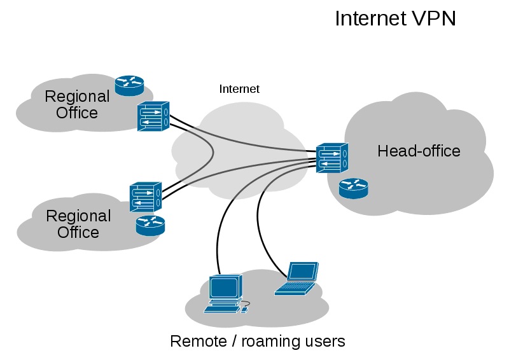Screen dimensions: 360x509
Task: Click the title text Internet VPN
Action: [395, 18]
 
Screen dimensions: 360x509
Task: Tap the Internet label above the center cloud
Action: [239, 89]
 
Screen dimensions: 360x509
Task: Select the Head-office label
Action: [419, 151]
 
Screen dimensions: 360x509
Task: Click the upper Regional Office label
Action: [77, 105]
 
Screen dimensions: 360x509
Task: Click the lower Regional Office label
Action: [78, 224]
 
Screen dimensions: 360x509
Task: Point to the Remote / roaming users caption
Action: [257, 342]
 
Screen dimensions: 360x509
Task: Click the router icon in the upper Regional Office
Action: [129, 85]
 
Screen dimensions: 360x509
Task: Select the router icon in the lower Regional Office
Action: [150, 225]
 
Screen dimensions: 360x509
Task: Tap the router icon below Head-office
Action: [353, 188]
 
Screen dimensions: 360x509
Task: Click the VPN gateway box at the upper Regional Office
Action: [153, 116]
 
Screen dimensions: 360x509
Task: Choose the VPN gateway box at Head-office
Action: [332, 157]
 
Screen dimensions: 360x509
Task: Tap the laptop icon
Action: [298, 279]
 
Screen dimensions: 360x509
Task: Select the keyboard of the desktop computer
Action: [220, 308]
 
